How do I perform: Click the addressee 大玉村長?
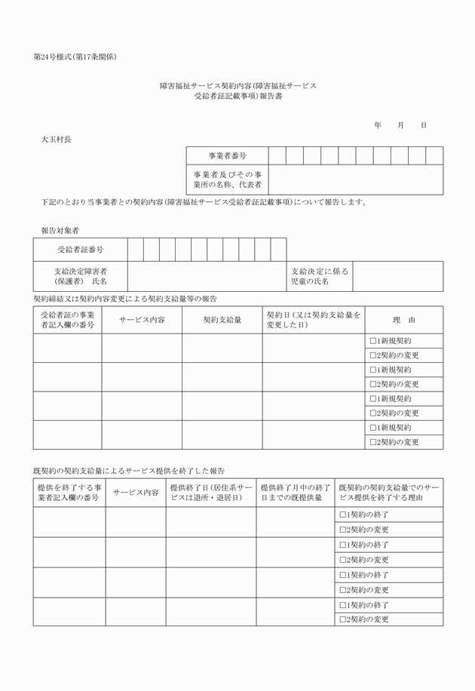point(57,140)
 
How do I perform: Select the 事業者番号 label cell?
point(227,155)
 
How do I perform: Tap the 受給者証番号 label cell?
point(80,249)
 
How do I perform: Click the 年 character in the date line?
point(377,125)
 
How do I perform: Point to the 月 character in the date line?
point(400,125)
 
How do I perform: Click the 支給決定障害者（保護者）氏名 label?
point(80,276)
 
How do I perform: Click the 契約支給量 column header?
point(222,320)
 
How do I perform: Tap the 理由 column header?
point(404,320)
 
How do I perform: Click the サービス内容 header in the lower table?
point(136,493)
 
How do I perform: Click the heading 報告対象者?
point(60,229)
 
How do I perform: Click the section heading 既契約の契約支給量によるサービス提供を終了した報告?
point(129,470)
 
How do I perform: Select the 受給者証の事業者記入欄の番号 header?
point(67,320)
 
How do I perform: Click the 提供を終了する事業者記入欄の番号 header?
point(69,493)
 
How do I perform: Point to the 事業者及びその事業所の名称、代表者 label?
point(227,179)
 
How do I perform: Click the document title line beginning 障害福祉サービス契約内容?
point(237,87)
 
